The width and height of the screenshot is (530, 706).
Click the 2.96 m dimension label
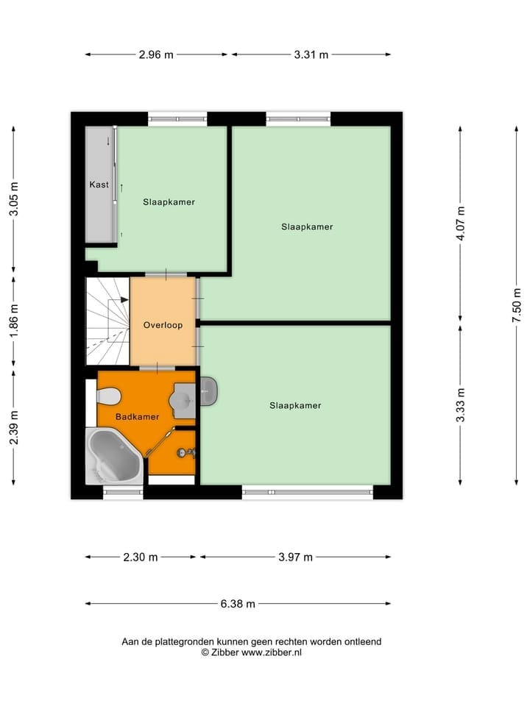coord(156,54)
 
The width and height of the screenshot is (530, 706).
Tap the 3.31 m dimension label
coord(311,54)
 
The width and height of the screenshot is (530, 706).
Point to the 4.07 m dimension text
coord(461,223)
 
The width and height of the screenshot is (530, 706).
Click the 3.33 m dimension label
coord(461,404)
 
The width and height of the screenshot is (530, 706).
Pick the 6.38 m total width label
coord(238,604)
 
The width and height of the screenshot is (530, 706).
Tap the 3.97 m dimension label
coord(295,557)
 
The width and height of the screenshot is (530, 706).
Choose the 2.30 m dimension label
coord(141,557)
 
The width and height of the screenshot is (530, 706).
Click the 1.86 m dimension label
coord(13,320)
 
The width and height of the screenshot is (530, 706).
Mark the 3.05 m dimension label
coord(13,199)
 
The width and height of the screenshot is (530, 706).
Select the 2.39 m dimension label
coord(13,427)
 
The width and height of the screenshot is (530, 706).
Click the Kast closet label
coord(99,185)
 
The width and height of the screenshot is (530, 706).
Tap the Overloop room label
coord(163,325)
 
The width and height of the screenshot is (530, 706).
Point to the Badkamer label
coord(138,417)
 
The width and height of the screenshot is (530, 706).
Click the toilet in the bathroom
coord(107,396)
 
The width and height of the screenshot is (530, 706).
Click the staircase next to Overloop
coord(106,320)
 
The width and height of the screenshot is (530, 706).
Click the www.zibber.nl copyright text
coord(251,652)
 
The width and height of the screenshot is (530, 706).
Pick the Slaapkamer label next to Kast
coord(169,202)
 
